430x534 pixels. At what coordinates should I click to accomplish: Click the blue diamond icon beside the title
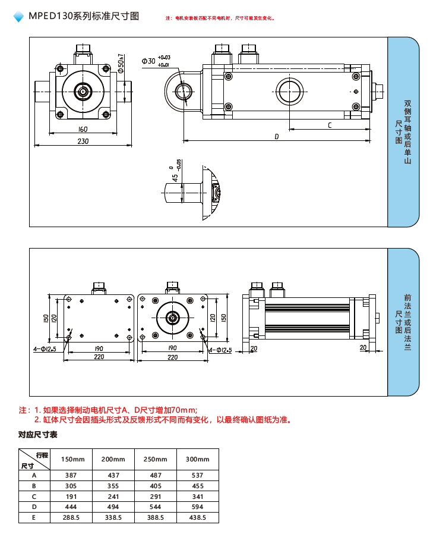point(18,17)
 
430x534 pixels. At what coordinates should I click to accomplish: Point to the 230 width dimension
point(83,141)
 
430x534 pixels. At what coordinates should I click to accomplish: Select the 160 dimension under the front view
point(83,129)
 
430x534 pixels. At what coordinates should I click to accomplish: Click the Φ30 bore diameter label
point(148,61)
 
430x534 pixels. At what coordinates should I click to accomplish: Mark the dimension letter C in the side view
point(330,125)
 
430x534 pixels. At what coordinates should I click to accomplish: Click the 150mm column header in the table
point(73,459)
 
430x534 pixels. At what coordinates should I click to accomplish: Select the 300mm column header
point(198,459)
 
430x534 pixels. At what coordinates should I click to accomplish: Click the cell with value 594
point(198,507)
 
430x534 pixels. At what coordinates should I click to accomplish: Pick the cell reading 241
point(113,496)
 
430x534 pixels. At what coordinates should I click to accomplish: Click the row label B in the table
point(34,486)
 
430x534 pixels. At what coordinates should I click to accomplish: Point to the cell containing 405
point(156,486)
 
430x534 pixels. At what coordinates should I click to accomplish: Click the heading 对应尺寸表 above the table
point(38,435)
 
